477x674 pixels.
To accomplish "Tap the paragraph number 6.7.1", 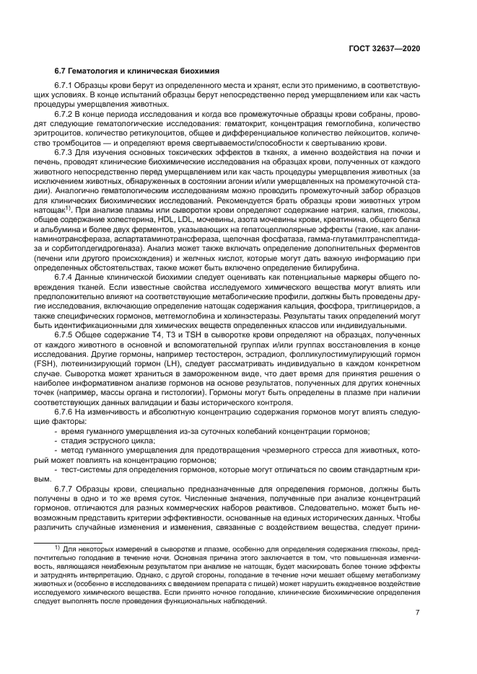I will [x=66, y=87].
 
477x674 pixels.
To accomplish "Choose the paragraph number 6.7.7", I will [x=66, y=488].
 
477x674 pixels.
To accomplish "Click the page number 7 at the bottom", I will [x=418, y=613].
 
